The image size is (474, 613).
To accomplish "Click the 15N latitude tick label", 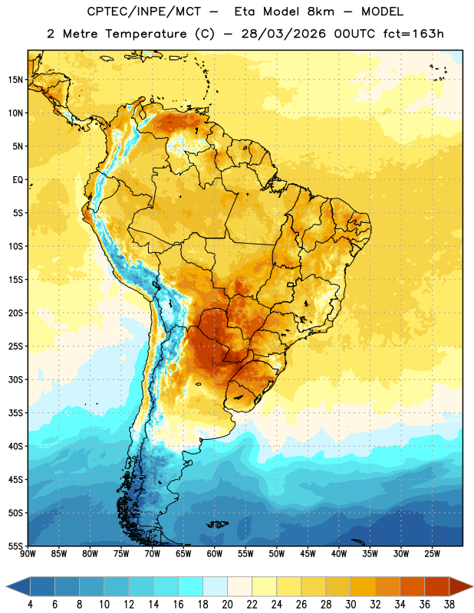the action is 15,80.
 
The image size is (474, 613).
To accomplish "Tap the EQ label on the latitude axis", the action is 18,180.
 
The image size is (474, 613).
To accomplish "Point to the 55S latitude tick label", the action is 15,546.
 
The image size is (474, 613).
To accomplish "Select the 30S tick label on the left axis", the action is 15,379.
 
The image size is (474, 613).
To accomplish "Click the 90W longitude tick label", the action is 28,554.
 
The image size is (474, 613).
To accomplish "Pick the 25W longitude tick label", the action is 432,554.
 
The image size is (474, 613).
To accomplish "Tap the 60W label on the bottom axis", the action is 215,554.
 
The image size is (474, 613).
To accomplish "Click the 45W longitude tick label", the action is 308,554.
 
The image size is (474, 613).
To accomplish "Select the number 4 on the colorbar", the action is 30,605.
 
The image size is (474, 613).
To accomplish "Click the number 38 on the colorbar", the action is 449,605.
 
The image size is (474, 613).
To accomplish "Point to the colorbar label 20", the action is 227,605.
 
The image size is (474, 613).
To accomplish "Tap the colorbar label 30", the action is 351,605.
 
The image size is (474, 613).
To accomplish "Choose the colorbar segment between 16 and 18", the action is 191,586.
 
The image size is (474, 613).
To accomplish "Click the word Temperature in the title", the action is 146,34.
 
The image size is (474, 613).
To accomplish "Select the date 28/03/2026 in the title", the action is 283,34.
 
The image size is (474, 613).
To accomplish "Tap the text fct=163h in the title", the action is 413,34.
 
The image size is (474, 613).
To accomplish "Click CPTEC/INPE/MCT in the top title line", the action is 143,11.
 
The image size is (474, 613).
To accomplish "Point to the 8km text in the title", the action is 321,11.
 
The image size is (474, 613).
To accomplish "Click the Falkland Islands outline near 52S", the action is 218,524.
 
